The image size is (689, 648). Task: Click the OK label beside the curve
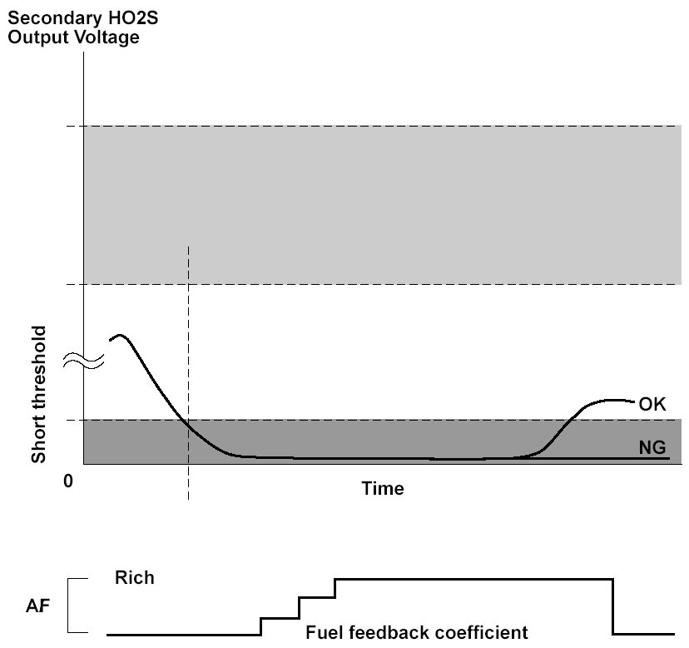652,405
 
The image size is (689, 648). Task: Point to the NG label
652,448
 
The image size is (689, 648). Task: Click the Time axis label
383,488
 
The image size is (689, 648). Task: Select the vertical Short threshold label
38,394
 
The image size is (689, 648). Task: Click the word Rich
135,577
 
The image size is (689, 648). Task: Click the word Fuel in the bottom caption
321,632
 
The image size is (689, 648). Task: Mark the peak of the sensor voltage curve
121,335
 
